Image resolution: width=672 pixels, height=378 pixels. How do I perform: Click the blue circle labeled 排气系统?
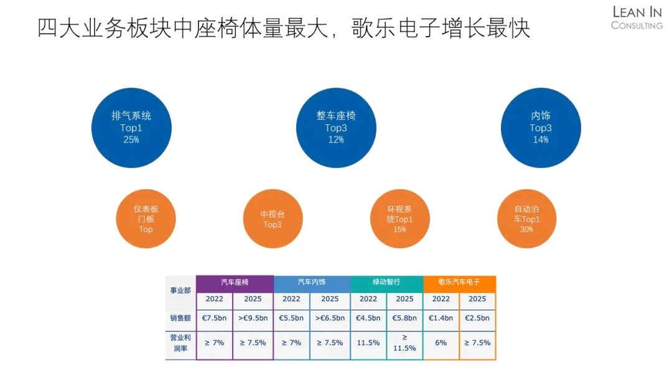coord(131,127)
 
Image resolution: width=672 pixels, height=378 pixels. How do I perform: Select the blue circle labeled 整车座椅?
coord(336,127)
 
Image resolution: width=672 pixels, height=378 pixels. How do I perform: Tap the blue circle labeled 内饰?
coord(541,127)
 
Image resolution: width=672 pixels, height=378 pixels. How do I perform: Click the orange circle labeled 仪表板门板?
coord(146,219)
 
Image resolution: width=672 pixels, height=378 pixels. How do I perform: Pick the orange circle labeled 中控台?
coord(273,219)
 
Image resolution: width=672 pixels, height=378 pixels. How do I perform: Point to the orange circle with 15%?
coord(399,219)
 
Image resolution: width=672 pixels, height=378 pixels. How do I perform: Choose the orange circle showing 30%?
coord(526,219)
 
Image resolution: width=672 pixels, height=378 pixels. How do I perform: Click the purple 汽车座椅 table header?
coord(235,283)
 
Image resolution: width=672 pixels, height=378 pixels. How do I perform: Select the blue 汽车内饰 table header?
coord(312,283)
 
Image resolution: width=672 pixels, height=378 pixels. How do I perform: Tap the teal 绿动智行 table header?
coord(386,283)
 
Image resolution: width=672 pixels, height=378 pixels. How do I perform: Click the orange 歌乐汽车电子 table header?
coord(459,283)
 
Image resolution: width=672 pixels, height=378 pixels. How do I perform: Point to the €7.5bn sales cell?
coord(215,318)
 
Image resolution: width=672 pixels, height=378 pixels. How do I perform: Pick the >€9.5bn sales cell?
coord(253,318)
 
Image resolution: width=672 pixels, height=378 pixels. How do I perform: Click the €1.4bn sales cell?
coord(441,318)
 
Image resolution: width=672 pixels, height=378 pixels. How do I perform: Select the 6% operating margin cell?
coord(441,343)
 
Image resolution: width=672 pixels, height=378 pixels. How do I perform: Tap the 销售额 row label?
coord(180,318)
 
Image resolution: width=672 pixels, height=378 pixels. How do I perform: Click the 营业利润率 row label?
coord(180,343)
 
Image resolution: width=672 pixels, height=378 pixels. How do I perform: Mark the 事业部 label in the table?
coord(180,291)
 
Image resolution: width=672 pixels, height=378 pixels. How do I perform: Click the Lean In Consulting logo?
coord(637,17)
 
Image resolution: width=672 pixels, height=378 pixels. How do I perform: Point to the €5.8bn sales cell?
coord(404,318)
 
